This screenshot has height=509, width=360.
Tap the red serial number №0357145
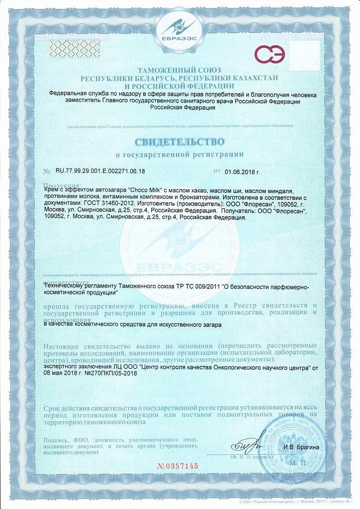pyautogui.click(x=178, y=466)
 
